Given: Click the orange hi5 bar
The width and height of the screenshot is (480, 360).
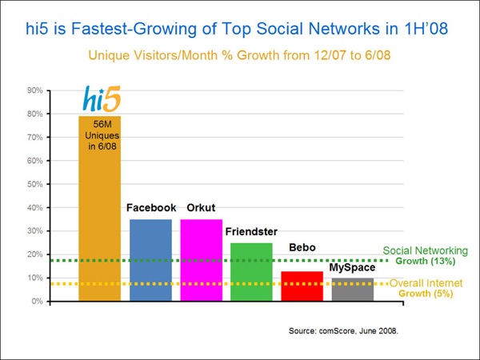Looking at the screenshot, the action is pos(100,209).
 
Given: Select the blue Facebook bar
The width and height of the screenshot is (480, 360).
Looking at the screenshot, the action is pos(150,260).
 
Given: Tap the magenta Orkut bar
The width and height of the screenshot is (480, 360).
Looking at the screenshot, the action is pos(201,260).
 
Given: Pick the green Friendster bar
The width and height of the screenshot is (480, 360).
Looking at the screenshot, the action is pos(251,272).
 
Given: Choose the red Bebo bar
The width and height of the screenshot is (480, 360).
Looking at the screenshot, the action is pos(302,286).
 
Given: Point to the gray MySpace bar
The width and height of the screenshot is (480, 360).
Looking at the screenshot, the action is pos(353,290).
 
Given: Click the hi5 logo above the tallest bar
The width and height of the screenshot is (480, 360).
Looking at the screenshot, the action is pos(102,98).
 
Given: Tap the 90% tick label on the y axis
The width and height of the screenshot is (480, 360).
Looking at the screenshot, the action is pos(35,90).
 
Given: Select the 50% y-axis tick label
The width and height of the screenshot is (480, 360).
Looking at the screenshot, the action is pos(35,184).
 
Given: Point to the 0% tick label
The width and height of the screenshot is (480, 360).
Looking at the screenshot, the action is pos(37,302).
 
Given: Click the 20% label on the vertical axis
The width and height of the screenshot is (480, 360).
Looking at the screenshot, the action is pos(35,254).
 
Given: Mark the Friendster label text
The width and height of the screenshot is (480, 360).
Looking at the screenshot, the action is pos(251,232).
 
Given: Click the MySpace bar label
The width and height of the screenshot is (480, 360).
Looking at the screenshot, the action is pos(352,267).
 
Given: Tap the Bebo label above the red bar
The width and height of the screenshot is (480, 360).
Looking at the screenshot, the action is pos(302,247).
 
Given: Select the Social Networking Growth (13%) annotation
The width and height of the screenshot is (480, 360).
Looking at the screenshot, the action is pos(426,256).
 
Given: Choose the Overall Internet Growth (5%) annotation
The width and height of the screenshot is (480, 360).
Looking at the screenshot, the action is pos(426,288).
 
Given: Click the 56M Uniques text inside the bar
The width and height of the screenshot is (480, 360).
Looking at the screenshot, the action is pos(102,135).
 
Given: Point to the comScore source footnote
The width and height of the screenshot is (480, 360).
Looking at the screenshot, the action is pos(343,331).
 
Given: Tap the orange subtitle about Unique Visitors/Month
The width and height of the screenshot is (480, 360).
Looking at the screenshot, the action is pos(239,55).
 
